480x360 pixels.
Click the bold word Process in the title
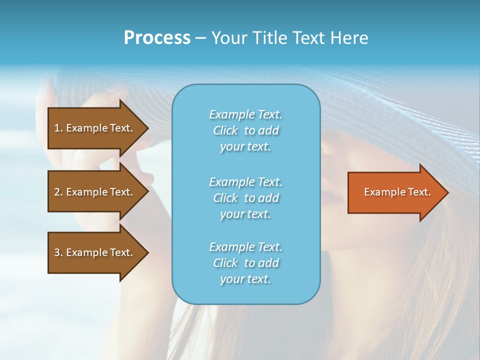pyautogui.click(x=157, y=38)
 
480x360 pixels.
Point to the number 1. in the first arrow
pyautogui.click(x=58, y=128)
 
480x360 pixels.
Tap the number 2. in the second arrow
pyautogui.click(x=58, y=192)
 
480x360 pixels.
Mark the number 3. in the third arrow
pyautogui.click(x=58, y=252)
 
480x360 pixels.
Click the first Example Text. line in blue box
pyautogui.click(x=245, y=114)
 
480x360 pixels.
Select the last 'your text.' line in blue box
pyautogui.click(x=245, y=279)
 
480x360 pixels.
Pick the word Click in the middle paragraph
pyautogui.click(x=225, y=198)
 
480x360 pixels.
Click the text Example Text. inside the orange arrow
pyautogui.click(x=397, y=192)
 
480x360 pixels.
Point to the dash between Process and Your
pyautogui.click(x=200, y=38)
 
